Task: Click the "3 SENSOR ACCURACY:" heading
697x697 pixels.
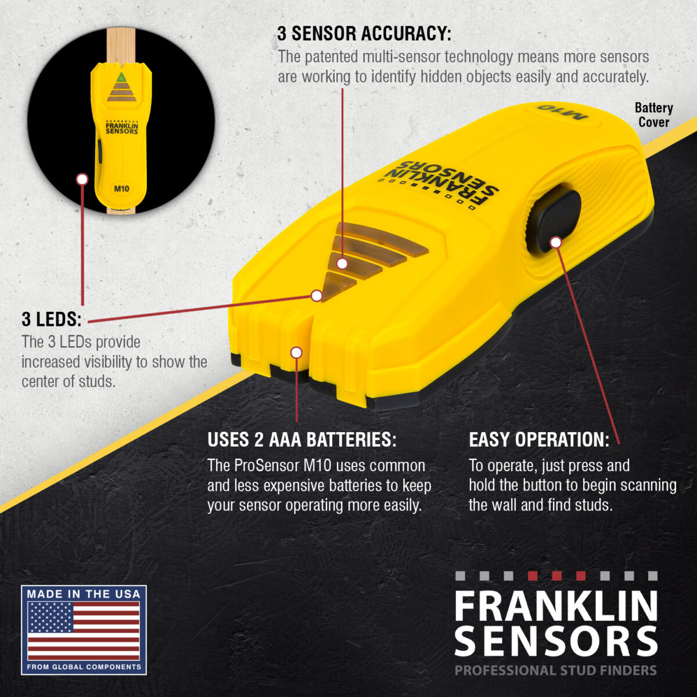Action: coord(364,34)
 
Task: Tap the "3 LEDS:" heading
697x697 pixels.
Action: coord(51,319)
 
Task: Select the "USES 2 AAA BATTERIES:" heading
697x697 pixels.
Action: coord(301,440)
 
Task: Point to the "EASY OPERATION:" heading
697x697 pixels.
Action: coord(539,440)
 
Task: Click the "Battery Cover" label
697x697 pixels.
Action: coord(653,115)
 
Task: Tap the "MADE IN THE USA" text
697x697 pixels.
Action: coord(84,594)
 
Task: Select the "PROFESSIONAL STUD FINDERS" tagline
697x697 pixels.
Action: coord(555,670)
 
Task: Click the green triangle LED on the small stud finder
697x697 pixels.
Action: coord(121,77)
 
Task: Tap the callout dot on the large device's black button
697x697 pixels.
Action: coord(556,242)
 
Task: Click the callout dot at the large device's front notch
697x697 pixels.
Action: coord(296,353)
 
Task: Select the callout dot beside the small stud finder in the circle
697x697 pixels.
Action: coord(82,179)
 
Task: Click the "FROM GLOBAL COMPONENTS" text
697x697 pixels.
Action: coord(84,667)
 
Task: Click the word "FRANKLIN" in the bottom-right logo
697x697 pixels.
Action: coord(555,606)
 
